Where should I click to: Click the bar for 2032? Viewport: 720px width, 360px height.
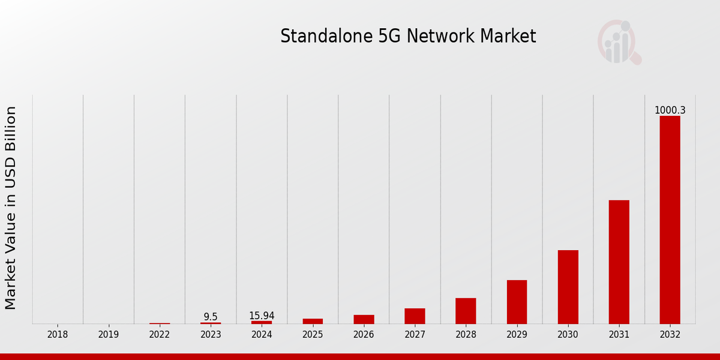coord(670,220)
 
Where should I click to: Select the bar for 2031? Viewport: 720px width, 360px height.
coord(619,262)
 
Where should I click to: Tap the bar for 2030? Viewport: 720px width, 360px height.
coord(568,287)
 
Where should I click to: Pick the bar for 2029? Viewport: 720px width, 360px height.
coord(517,302)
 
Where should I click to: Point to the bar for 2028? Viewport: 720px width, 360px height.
coord(466,311)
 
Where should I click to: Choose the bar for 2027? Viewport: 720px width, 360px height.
coord(415,316)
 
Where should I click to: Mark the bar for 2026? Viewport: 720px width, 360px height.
coord(364,319)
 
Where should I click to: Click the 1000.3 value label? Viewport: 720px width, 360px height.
coord(670,110)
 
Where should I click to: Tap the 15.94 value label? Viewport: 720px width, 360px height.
coord(262,316)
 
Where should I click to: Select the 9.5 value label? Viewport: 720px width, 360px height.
coord(211,317)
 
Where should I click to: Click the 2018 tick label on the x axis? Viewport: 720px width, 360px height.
coord(58,335)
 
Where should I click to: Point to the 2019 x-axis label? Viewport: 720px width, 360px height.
coord(109,335)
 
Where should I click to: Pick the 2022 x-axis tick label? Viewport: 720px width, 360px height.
coord(160,335)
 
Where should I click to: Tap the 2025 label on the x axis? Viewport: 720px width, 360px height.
coord(313,335)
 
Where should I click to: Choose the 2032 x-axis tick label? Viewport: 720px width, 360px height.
coord(670,335)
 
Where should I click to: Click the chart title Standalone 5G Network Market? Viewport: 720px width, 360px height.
coord(408,37)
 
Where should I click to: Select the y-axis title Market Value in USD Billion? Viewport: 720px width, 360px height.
coord(11,208)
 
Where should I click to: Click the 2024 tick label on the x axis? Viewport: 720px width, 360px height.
coord(262,335)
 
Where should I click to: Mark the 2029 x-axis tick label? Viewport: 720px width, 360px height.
coord(517,335)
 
